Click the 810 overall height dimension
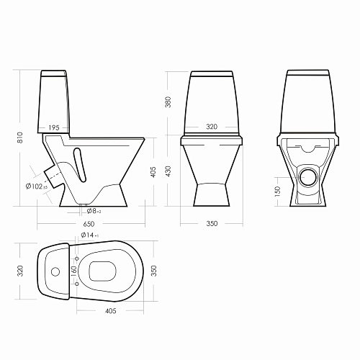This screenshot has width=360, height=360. click(20, 138)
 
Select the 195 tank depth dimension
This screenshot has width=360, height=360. click(54, 127)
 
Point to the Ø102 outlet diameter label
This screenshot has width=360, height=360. click(37, 186)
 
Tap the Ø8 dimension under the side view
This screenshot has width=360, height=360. click(94, 211)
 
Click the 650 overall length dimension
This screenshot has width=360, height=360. click(89, 224)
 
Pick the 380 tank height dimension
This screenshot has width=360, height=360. click(168, 102)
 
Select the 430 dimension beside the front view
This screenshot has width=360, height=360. click(168, 171)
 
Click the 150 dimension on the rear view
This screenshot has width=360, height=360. click(277, 192)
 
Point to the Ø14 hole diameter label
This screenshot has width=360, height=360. click(90, 235)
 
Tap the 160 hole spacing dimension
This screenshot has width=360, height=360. click(74, 271)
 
